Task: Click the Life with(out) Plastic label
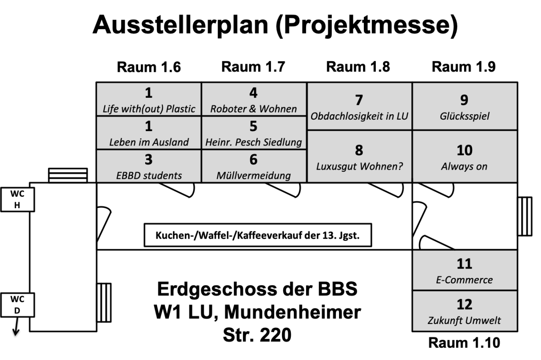pyautogui.click(x=149, y=109)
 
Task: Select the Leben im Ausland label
pyautogui.click(x=149, y=142)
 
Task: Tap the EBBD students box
pyautogui.click(x=149, y=166)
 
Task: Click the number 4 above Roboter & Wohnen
pyautogui.click(x=254, y=93)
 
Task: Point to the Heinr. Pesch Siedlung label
pyautogui.click(x=254, y=142)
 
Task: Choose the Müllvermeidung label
pyautogui.click(x=254, y=176)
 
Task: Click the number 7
pyautogui.click(x=359, y=100)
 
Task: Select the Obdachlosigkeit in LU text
pyautogui.click(x=359, y=116)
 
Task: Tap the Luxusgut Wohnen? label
pyautogui.click(x=359, y=166)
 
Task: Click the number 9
pyautogui.click(x=464, y=100)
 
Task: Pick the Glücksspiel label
pyautogui.click(x=464, y=116)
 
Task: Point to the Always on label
pyautogui.click(x=464, y=166)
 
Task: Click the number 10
pyautogui.click(x=464, y=150)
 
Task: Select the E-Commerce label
pyautogui.click(x=464, y=280)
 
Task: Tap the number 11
pyautogui.click(x=464, y=264)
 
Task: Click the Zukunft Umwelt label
pyautogui.click(x=464, y=320)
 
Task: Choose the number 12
pyautogui.click(x=464, y=305)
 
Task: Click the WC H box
pyautogui.click(x=17, y=200)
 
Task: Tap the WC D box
pyautogui.click(x=17, y=305)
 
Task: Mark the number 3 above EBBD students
pyautogui.click(x=148, y=159)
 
